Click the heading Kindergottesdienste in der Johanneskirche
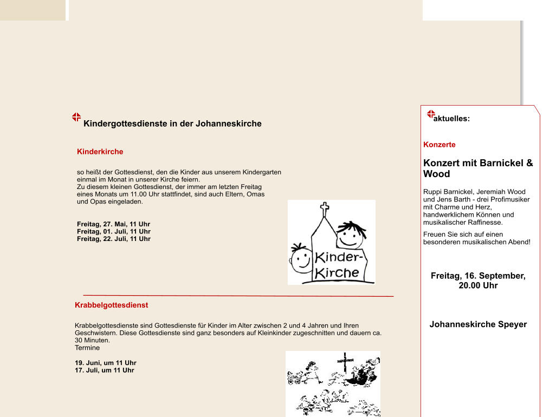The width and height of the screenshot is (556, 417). point(172,123)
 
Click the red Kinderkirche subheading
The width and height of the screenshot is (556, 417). point(100,152)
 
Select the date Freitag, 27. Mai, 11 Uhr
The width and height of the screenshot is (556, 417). point(113,224)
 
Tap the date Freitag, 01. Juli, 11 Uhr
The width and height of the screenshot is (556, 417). point(113,232)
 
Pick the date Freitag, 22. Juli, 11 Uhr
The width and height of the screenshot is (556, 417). point(113,239)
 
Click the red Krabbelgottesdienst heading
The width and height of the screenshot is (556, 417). point(111,305)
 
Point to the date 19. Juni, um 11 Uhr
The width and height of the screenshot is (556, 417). point(105,363)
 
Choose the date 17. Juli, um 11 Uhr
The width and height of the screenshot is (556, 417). point(104,370)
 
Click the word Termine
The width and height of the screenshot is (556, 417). point(87,348)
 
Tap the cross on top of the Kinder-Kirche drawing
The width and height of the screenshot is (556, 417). point(325,208)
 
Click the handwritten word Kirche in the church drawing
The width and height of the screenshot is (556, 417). point(337,272)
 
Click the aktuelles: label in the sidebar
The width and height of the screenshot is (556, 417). point(451,119)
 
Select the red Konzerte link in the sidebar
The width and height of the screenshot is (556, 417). point(439,145)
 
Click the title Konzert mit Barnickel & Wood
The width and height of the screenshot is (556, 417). point(477,168)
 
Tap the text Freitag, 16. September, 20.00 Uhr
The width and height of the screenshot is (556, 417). point(477,281)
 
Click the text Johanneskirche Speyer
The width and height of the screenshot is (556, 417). point(477,324)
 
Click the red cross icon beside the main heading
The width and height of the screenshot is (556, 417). point(76,117)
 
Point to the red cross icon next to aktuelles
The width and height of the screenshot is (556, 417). point(431,114)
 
